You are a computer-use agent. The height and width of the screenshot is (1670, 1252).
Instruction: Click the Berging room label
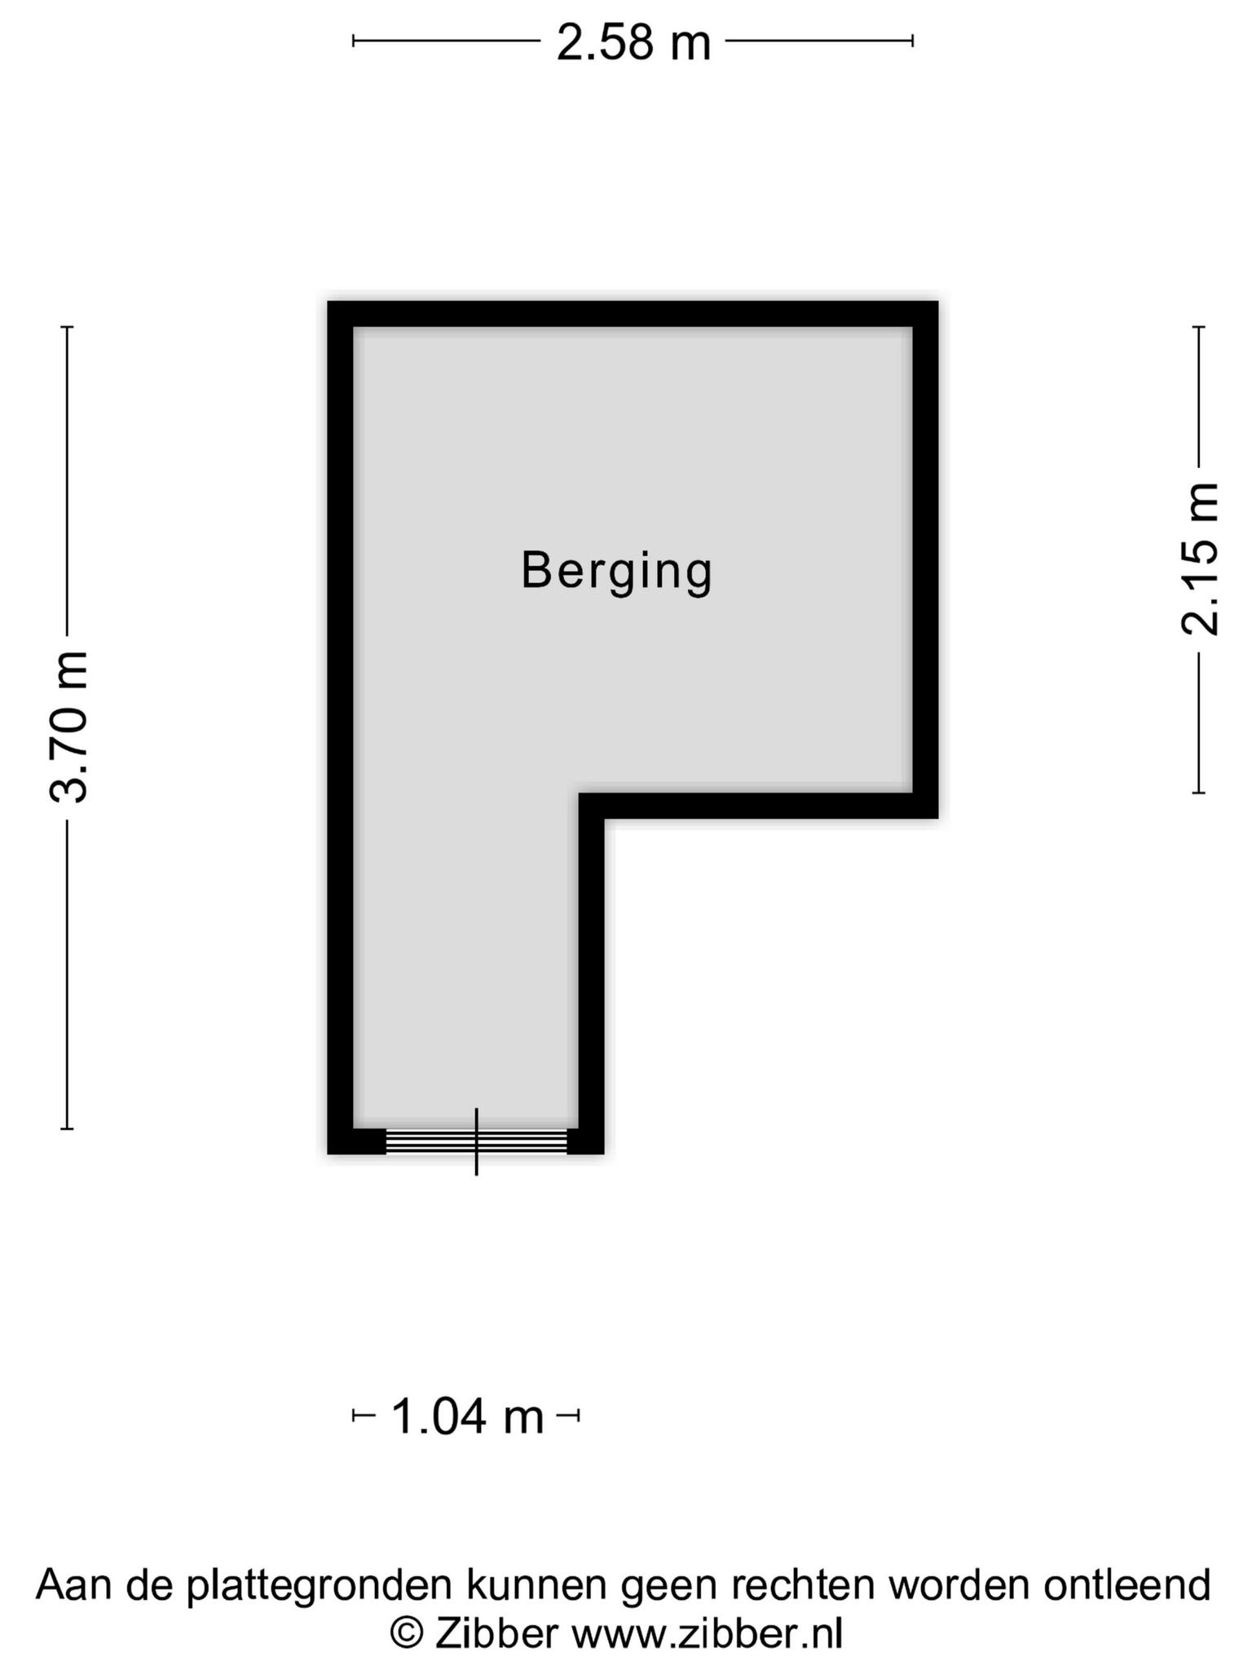point(616,572)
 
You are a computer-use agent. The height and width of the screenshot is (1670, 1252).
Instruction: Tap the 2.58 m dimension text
point(633,42)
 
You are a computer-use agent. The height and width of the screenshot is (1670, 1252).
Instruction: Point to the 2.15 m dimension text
point(1200,559)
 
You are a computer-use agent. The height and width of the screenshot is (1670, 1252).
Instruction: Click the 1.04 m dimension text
point(467,1416)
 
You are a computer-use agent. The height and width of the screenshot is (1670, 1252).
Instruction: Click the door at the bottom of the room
point(476,1141)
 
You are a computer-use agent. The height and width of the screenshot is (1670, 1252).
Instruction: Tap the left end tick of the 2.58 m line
point(353,41)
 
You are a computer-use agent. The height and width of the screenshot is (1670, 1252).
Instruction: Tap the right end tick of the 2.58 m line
point(913,41)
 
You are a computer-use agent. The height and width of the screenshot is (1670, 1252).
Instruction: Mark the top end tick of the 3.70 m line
point(68,327)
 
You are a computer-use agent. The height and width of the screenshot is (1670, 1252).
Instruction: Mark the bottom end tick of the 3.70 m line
point(68,1129)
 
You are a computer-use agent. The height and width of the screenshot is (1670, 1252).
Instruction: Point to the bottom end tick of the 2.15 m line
point(1199,792)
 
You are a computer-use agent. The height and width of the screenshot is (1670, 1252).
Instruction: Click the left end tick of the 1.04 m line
point(353,1416)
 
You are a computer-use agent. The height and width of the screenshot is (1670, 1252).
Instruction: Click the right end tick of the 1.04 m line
point(579,1416)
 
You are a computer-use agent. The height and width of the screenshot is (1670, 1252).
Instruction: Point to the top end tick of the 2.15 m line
point(1199,327)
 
